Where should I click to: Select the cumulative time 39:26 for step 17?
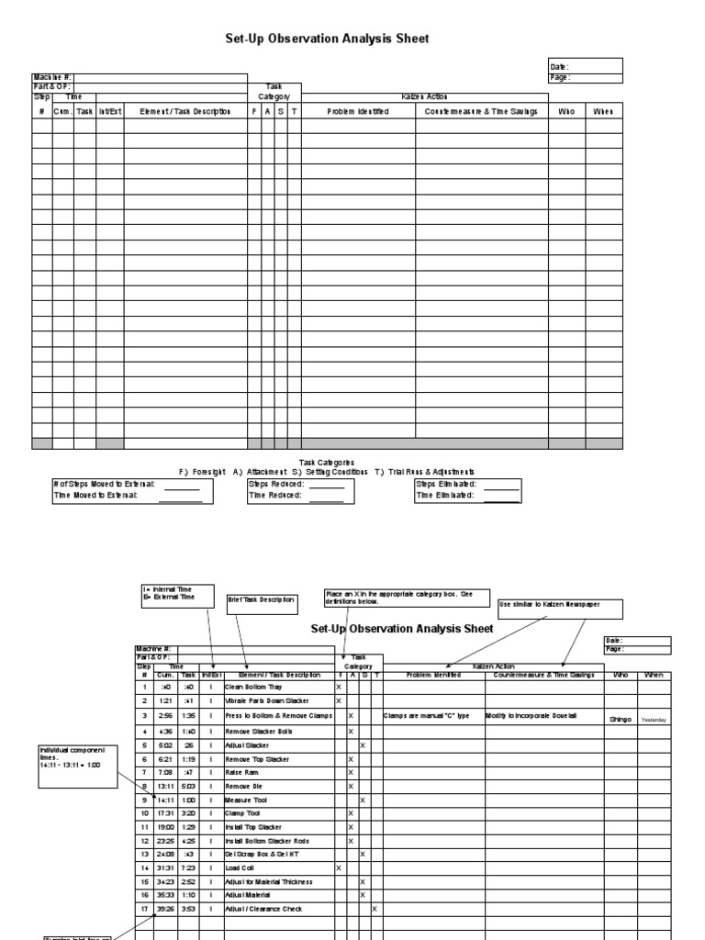pyautogui.click(x=166, y=909)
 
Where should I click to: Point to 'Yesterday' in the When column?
pyautogui.click(x=655, y=721)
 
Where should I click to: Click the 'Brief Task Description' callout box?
pyautogui.click(x=262, y=602)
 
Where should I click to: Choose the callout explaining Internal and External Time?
pyautogui.click(x=177, y=593)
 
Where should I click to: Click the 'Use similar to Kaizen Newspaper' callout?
pyautogui.click(x=561, y=610)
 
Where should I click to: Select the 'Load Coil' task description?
pyautogui.click(x=240, y=867)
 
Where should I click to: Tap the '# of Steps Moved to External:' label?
pyautogui.click(x=105, y=483)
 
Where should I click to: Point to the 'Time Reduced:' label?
pyautogui.click(x=275, y=495)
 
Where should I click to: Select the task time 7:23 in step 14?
pyautogui.click(x=188, y=867)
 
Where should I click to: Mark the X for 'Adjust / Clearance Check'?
pyautogui.click(x=375, y=909)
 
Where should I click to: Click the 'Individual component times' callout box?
pyautogui.click(x=77, y=766)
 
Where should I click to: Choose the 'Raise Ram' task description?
pyautogui.click(x=241, y=772)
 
